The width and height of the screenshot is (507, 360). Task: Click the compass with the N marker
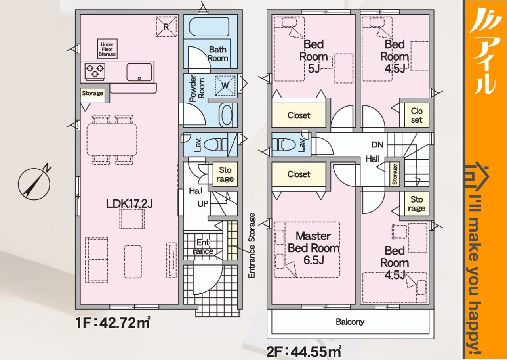click(x=34, y=184)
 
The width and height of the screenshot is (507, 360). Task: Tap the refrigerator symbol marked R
click(x=166, y=27)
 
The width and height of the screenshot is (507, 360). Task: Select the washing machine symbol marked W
click(x=225, y=86)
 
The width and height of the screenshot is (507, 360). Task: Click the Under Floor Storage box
click(x=107, y=49)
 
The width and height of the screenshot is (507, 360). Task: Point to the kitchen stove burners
click(x=95, y=71)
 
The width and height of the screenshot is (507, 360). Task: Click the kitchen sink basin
click(x=139, y=72)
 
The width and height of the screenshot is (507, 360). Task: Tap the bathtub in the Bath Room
click(x=209, y=26)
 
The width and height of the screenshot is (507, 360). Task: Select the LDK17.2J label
click(x=130, y=204)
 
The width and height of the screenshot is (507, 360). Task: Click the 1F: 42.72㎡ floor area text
click(x=113, y=322)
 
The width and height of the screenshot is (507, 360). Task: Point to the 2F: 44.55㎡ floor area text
click(x=304, y=352)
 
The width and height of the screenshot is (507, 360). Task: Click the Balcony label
click(x=350, y=322)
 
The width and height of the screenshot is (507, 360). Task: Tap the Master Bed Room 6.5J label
click(x=314, y=248)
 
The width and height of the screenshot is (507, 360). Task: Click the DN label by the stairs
click(x=377, y=145)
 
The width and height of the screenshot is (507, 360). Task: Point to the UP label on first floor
click(x=203, y=204)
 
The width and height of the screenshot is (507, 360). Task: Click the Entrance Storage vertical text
click(x=252, y=245)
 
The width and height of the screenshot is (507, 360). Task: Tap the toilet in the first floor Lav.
click(x=215, y=145)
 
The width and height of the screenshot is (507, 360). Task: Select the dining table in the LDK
click(x=112, y=139)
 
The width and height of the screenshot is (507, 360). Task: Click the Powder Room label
click(x=197, y=88)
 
